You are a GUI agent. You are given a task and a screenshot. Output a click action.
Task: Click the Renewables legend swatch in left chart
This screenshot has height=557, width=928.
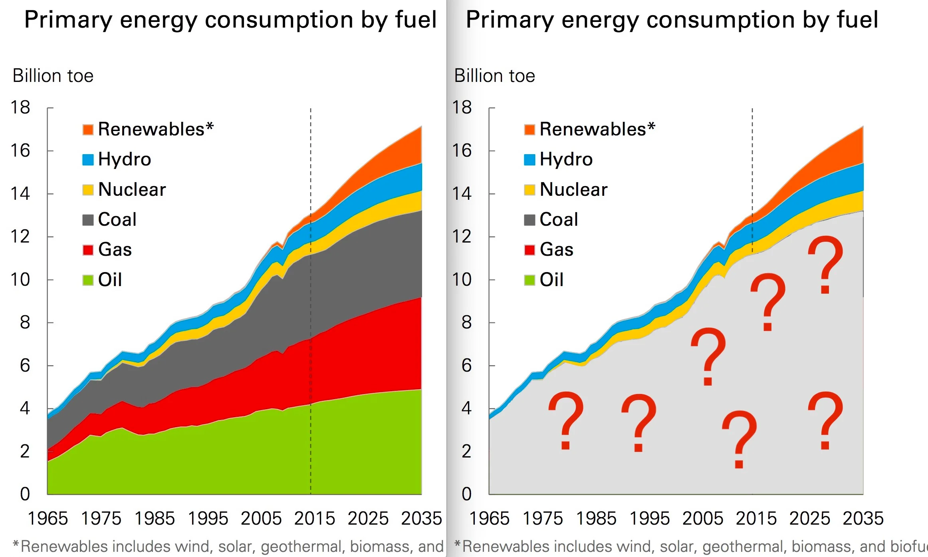(88, 129)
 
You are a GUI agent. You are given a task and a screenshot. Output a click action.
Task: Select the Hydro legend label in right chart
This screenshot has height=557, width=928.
(566, 159)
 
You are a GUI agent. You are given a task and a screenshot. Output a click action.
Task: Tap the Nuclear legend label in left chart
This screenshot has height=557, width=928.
(132, 189)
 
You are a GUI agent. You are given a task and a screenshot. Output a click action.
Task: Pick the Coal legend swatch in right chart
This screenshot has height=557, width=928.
(529, 220)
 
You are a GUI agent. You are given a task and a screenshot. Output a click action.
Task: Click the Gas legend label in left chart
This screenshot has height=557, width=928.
(115, 250)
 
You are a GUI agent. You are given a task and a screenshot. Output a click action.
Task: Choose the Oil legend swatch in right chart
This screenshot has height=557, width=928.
(529, 280)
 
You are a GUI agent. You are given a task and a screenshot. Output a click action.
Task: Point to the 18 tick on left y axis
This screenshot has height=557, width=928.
(20, 107)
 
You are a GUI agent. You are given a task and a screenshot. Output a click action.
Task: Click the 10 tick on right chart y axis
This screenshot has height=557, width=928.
(462, 280)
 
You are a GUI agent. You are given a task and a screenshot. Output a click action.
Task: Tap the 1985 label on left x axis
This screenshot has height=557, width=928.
(155, 519)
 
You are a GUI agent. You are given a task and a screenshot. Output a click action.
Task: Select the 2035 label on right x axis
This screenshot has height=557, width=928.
(863, 519)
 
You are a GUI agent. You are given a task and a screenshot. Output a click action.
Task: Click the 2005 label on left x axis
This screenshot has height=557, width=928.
(261, 519)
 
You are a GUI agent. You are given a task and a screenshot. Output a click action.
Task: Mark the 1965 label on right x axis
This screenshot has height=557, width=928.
(489, 519)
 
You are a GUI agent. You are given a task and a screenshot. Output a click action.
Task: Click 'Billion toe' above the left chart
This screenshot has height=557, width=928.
(53, 76)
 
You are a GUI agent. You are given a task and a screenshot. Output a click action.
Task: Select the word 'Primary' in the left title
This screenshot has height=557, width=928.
(68, 20)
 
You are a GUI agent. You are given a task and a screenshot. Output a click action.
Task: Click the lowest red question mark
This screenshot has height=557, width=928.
(739, 440)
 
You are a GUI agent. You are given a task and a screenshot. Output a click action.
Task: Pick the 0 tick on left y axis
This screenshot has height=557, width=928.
(25, 494)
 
